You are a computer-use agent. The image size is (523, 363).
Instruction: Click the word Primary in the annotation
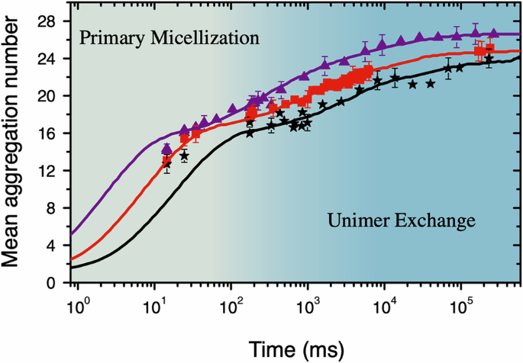point(108,37)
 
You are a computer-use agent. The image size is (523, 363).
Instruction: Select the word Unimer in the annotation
point(358,221)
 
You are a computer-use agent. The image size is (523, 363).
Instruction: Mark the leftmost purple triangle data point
point(167,149)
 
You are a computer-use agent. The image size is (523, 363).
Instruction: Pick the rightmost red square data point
point(489,48)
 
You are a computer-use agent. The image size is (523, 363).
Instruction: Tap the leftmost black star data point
point(167,164)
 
